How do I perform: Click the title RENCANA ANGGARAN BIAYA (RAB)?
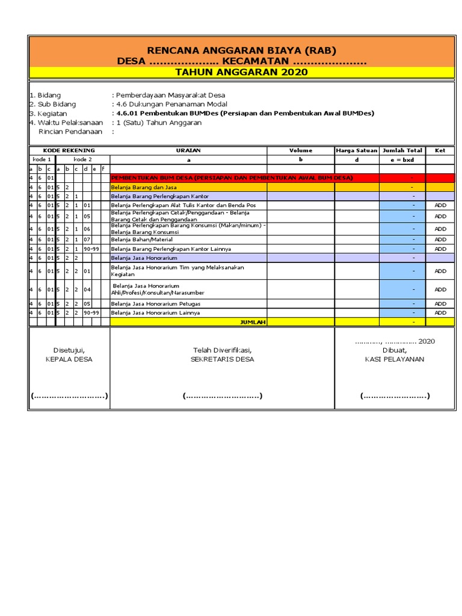tap(241, 51)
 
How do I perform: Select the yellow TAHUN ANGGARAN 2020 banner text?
tap(241, 72)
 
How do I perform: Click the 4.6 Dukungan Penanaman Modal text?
tap(170, 104)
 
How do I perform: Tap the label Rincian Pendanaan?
tap(70, 131)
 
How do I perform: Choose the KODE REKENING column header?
tap(69, 150)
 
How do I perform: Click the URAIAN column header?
tap(188, 150)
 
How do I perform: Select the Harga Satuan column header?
tap(357, 150)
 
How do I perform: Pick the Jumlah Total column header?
tap(402, 150)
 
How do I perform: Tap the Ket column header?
tap(440, 150)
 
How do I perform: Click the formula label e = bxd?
tap(402, 159)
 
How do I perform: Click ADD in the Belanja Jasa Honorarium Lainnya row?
tap(440, 313)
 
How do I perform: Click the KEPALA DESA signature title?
tap(69, 359)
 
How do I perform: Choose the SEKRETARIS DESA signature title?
tap(222, 359)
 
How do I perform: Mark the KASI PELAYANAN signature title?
tap(394, 359)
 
